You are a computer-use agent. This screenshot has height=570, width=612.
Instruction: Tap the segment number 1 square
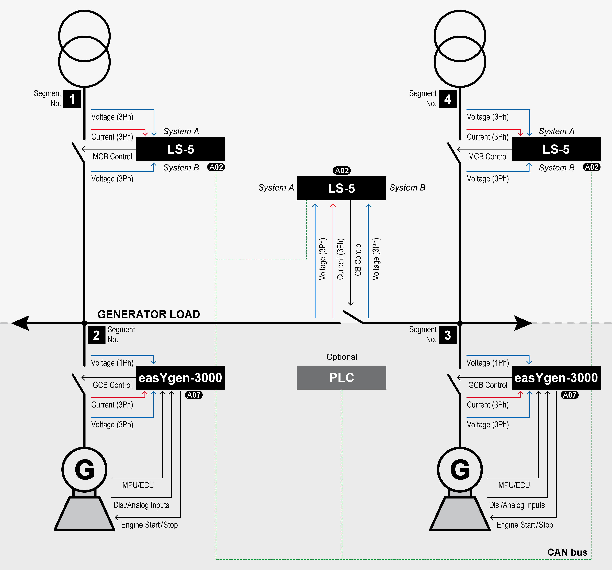click(72, 99)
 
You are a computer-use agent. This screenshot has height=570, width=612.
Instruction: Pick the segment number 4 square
click(448, 99)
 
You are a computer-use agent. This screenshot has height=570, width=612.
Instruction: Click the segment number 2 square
click(96, 335)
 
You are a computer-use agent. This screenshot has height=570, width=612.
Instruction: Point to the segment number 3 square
click(448, 335)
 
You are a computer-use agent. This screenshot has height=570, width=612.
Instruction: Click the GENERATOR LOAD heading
click(149, 314)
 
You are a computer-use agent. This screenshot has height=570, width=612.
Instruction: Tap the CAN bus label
click(567, 552)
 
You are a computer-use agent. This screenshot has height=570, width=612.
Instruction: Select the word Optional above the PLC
click(342, 357)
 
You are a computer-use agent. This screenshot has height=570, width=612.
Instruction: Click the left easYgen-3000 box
click(180, 377)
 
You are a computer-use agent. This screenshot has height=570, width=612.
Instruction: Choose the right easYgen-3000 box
click(556, 377)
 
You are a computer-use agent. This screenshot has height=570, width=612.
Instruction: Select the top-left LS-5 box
click(181, 149)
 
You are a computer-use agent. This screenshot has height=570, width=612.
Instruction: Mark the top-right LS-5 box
click(556, 149)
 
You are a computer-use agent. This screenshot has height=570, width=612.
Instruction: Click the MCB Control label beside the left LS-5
click(112, 156)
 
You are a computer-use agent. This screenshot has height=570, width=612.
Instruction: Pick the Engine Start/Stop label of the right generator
click(525, 525)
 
